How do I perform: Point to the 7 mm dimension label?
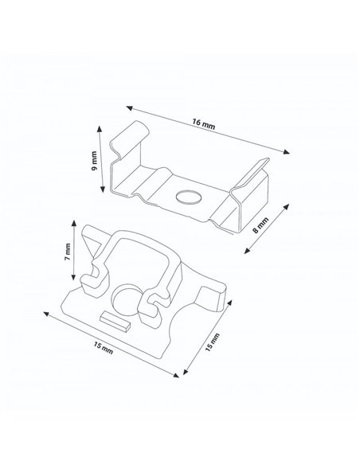tap(69, 254)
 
